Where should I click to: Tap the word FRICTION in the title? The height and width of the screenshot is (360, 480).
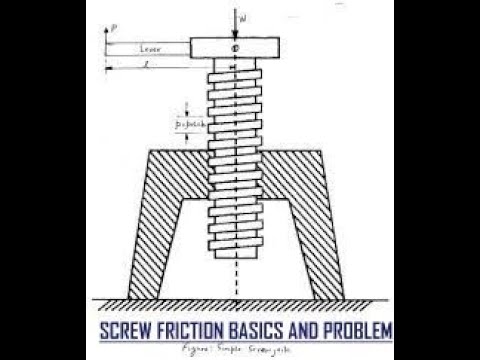coord(200,329)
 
